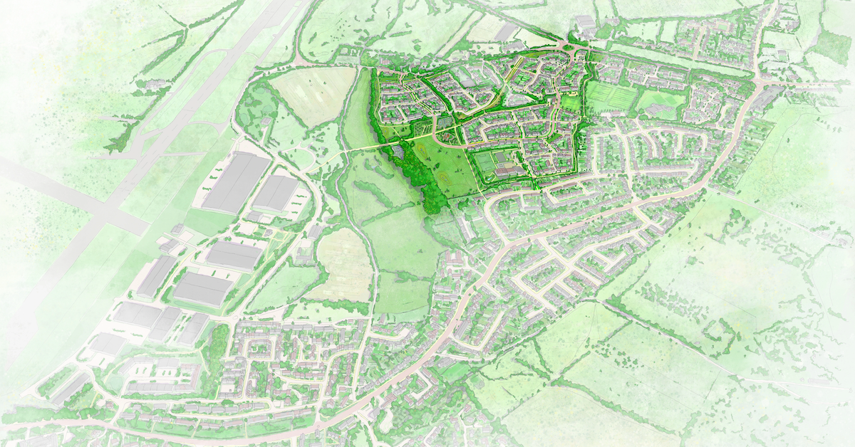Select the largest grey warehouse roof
(x=236, y=182)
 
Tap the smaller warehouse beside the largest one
(x=276, y=193)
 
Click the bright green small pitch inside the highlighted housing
(x=571, y=104)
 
